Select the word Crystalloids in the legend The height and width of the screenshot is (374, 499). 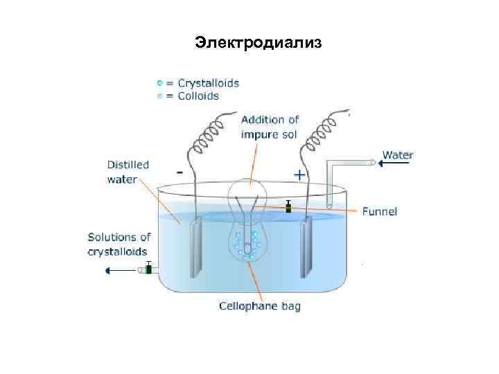point(208,83)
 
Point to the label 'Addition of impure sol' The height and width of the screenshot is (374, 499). point(270,127)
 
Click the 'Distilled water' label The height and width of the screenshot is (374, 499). point(127,172)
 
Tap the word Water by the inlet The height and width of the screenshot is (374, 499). point(398,155)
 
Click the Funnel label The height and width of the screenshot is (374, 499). point(379,211)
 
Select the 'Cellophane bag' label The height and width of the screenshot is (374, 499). point(260,305)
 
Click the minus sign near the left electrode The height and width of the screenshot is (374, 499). point(180,170)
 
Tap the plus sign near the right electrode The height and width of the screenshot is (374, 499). point(299,175)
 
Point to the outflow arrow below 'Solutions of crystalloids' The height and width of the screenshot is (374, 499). point(118,270)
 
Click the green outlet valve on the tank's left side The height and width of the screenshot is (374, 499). point(148,269)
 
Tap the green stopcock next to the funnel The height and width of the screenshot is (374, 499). point(288,207)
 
